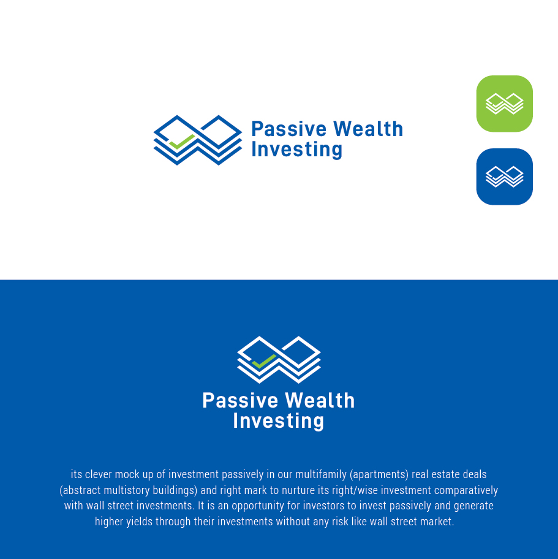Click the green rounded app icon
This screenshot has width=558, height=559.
coord(504,104)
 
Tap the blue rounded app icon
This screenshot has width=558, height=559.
coord(504,177)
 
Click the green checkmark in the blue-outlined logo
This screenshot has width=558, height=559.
coord(182,142)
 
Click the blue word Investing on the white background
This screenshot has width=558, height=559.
coord(296,150)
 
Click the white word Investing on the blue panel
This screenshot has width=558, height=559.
coord(278,421)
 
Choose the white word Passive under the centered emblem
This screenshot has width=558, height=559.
coord(240,401)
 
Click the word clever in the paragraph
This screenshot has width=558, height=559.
coord(98,474)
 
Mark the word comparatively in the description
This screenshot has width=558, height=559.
coord(466,490)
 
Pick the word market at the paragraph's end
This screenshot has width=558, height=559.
coord(437,522)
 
